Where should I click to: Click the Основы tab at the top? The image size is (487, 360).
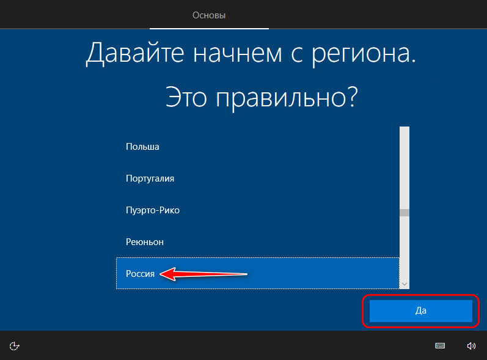click(209, 15)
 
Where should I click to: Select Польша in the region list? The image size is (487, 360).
click(142, 147)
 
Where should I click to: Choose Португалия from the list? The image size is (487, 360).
click(150, 178)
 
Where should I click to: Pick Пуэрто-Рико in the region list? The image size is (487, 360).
click(153, 210)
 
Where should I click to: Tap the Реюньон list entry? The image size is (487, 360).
click(145, 242)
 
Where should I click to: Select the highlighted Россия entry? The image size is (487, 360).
click(140, 274)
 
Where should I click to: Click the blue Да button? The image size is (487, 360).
click(421, 310)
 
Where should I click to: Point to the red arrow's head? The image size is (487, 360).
click(160, 274)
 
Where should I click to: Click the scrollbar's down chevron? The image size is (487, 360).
click(405, 284)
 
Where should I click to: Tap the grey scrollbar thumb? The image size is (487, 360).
click(405, 213)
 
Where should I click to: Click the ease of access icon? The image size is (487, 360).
click(14, 346)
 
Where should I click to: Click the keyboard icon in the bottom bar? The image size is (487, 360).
click(440, 346)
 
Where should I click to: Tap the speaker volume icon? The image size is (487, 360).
click(471, 346)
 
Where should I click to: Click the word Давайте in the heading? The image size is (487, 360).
click(135, 53)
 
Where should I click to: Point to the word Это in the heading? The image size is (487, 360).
click(186, 97)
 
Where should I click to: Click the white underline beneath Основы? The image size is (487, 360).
click(209, 29)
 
